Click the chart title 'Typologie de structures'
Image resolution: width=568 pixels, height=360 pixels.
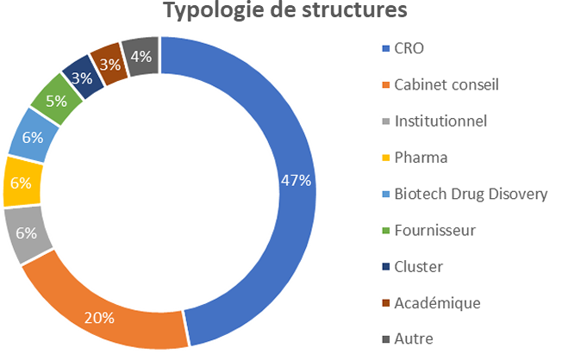(x=285, y=11)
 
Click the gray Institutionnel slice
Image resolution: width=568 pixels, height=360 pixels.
(x=24, y=232)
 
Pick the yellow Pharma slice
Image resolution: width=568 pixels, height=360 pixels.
(x=22, y=182)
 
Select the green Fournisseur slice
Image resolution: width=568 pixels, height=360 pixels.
(x=57, y=102)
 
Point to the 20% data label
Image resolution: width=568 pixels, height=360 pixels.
(x=99, y=318)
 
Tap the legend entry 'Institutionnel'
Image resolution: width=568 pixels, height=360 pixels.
(x=440, y=121)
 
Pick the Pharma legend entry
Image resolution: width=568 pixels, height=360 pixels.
(x=420, y=158)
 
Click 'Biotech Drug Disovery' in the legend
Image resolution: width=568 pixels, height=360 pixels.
(x=470, y=194)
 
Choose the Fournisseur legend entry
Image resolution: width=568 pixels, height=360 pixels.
(x=434, y=230)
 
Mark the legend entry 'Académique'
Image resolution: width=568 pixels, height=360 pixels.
(x=436, y=302)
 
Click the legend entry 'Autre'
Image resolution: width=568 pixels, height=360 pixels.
(x=413, y=338)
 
